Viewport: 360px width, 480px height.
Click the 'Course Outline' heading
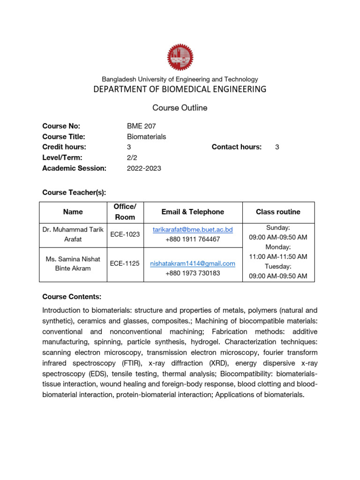coord(180,108)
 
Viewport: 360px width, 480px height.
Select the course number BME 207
coord(142,126)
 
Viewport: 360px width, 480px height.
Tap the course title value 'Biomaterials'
coord(147,137)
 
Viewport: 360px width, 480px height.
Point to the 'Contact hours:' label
coord(236,147)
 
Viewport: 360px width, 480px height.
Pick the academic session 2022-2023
coord(144,168)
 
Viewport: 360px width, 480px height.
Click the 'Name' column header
coord(73,212)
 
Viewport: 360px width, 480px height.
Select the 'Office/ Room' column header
coord(125,212)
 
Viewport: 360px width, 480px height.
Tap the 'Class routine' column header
coord(278,212)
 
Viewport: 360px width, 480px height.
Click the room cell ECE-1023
coord(125,234)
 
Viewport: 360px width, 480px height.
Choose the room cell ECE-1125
coord(125,263)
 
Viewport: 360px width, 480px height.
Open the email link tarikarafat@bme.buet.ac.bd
coord(193,230)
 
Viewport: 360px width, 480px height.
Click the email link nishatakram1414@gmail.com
coord(193,264)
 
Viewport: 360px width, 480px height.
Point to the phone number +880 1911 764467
coord(193,239)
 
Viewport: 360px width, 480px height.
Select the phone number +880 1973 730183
coord(193,273)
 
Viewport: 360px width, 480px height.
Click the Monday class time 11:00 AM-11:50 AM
coord(278,256)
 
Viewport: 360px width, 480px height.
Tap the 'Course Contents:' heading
coord(72,297)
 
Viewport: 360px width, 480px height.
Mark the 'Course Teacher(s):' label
coord(74,192)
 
